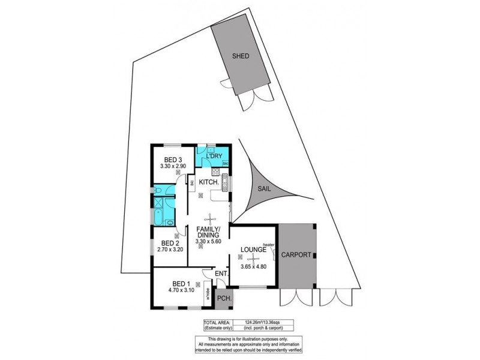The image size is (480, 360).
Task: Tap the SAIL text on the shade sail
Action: coord(265,188)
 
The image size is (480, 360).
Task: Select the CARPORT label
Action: coord(297,255)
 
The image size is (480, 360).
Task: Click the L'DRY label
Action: coord(212,157)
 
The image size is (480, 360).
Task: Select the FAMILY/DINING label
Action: coord(208,233)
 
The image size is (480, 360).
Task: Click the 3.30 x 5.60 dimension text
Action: coord(208,242)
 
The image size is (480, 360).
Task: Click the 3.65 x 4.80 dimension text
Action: coord(253,266)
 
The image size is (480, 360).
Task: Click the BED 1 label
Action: coord(181,284)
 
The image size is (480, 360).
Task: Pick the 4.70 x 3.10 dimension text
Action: coord(181,291)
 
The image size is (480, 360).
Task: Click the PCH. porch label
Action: coord(224,298)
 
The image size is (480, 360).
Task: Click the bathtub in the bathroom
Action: coord(160,216)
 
